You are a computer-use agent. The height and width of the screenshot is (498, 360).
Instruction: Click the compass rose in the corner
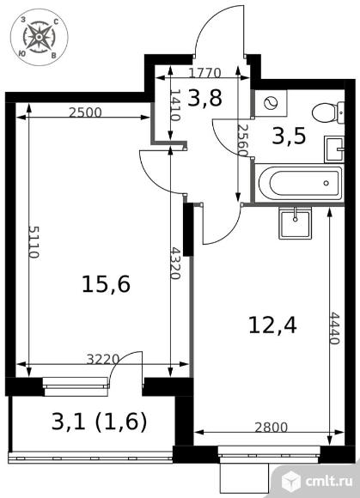[x=39, y=37]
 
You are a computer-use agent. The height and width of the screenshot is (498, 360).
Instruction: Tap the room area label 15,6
[x=107, y=284]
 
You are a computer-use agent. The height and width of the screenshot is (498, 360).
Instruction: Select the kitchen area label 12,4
[x=272, y=325]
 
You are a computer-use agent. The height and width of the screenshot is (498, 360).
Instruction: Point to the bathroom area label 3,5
[x=289, y=137]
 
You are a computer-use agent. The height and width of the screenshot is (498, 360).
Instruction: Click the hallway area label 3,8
[x=204, y=98]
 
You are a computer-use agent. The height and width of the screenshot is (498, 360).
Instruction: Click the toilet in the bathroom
[x=328, y=112]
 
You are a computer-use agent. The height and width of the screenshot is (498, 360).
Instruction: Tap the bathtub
[x=300, y=183]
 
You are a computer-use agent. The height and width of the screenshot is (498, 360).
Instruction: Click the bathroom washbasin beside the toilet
[x=334, y=149]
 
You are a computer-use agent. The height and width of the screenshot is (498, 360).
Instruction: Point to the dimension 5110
[x=34, y=242]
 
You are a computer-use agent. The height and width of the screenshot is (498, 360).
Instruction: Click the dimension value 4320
[x=175, y=264]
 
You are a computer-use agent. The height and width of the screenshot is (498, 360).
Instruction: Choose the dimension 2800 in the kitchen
[x=271, y=428]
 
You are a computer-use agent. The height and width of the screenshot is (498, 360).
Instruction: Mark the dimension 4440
[x=334, y=328]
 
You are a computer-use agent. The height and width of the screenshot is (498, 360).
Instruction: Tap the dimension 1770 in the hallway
[x=204, y=73]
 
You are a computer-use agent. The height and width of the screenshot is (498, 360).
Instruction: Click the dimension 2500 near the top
[x=85, y=112]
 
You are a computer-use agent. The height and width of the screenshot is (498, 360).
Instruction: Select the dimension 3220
[x=102, y=359]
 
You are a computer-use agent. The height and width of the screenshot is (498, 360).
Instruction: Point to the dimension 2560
[x=243, y=140]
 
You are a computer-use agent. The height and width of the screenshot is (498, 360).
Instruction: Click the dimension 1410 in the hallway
[x=175, y=105]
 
